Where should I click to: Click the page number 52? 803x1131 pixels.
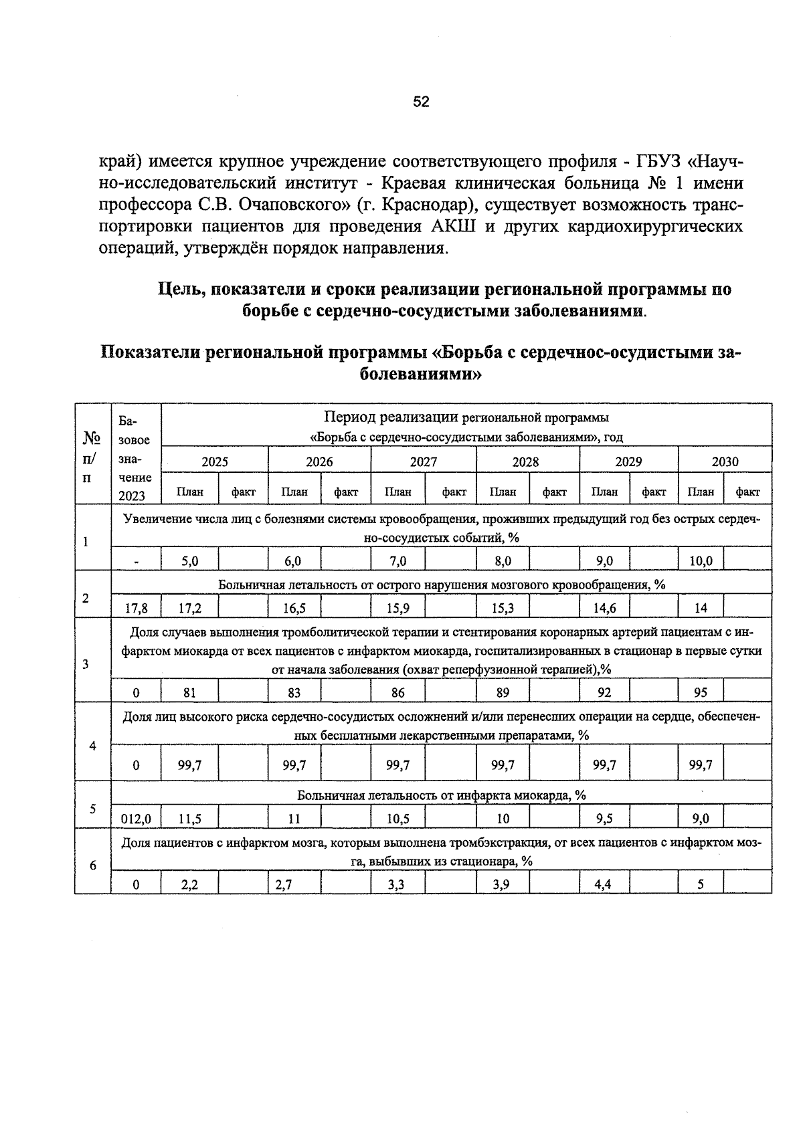point(421,102)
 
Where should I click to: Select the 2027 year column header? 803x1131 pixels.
point(423,461)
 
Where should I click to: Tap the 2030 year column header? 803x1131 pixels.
point(725,461)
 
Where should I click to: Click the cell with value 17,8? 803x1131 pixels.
point(136,608)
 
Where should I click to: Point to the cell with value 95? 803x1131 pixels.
point(700,692)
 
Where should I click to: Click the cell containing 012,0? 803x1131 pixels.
point(136,819)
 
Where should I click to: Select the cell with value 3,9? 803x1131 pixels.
point(502,884)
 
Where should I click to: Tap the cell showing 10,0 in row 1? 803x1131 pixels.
point(700,561)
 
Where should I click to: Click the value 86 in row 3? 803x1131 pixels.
point(397,692)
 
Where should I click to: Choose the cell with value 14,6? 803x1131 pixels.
point(604,608)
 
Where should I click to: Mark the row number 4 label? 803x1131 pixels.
point(92,746)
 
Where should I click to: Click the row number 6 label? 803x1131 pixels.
point(92,865)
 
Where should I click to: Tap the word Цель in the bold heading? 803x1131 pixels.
point(180,290)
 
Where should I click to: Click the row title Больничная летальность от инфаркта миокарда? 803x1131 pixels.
point(442,795)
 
